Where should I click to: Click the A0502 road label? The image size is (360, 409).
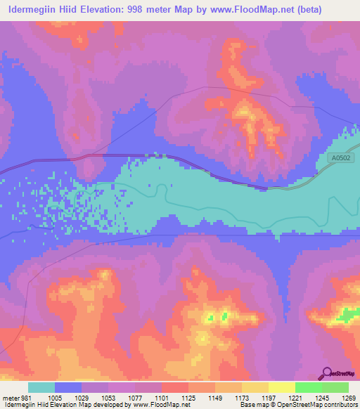pyautogui.click(x=342, y=159)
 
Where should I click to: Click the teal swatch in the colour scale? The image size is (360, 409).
pyautogui.click(x=41, y=387)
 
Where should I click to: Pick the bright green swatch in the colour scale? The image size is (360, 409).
pyautogui.click(x=308, y=387)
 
